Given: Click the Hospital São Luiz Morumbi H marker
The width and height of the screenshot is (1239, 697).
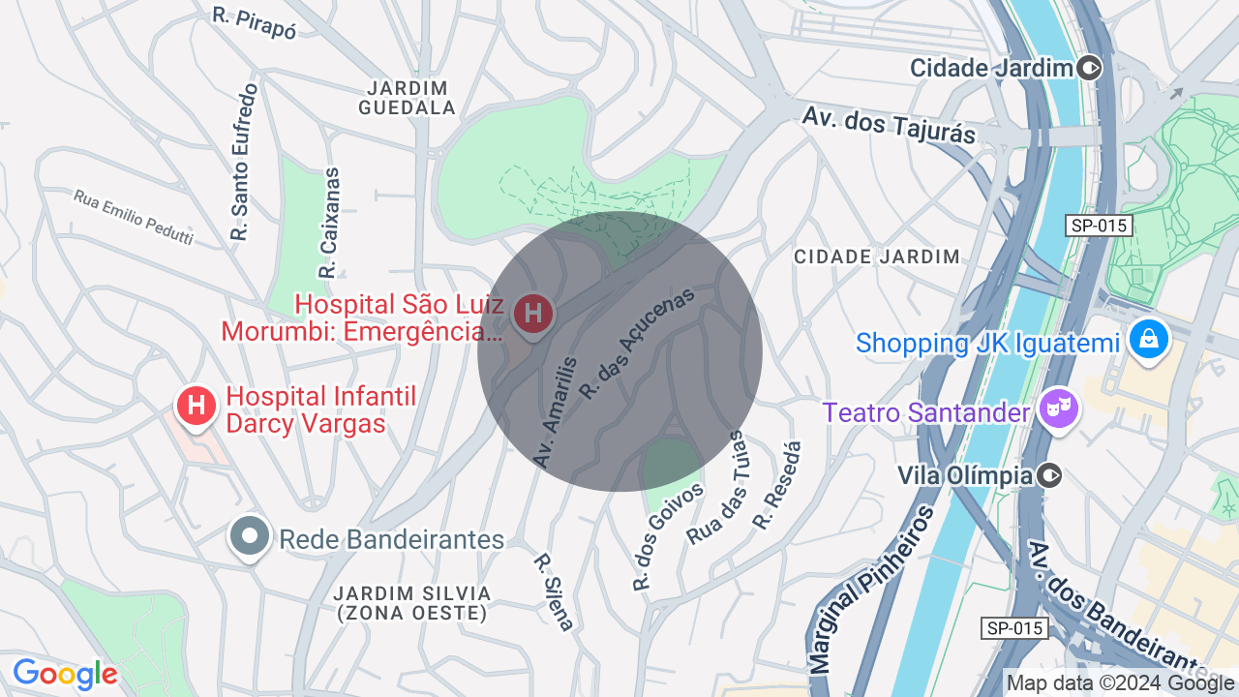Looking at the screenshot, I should click(x=532, y=314).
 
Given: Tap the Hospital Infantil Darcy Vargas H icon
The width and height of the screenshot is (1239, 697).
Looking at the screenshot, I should click(x=196, y=406).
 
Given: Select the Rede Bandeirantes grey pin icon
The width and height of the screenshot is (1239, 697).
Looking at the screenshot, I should click(x=250, y=535).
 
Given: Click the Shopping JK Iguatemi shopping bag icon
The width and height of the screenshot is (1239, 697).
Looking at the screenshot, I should click(x=1148, y=339).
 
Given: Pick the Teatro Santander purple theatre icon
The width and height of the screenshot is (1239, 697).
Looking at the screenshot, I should click(x=1058, y=409).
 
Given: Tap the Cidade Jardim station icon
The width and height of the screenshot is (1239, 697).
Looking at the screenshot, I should click(x=1090, y=68).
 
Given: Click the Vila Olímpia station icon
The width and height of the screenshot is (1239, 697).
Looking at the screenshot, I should click(x=1049, y=475).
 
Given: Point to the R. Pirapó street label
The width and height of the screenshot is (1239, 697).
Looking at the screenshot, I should click(x=254, y=21).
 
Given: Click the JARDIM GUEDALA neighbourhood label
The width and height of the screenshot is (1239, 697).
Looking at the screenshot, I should click(x=408, y=98).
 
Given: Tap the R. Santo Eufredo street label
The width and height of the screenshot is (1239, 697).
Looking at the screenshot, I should click(x=244, y=163).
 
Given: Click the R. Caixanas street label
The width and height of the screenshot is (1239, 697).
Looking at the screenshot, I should click(x=331, y=224).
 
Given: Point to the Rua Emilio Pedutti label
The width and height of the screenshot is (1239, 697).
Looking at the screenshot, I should click(x=134, y=216).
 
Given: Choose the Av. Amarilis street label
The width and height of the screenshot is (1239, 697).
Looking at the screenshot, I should click(x=556, y=412).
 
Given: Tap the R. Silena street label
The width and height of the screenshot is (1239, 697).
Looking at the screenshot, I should click(x=555, y=591).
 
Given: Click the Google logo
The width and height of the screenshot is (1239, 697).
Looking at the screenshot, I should click(x=65, y=674).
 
